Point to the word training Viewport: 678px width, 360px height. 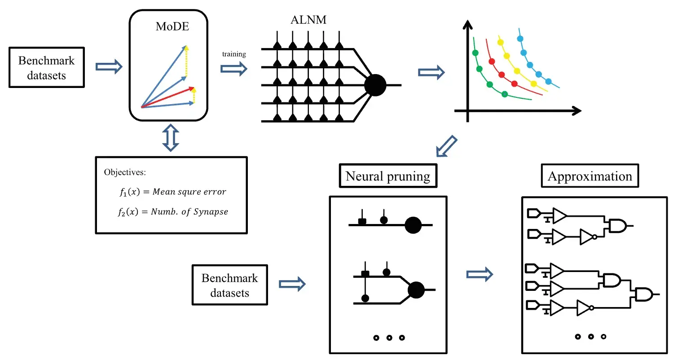click(x=234, y=54)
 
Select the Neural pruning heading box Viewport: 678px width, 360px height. click(x=388, y=176)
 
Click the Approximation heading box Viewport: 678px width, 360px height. click(x=590, y=176)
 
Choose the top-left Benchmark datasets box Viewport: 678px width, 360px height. click(x=46, y=67)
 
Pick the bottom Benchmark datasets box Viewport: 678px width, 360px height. click(x=229, y=285)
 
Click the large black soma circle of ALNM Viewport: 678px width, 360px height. click(x=375, y=85)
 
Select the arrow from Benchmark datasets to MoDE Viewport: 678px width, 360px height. click(x=109, y=67)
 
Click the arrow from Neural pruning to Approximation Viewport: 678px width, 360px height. click(x=480, y=274)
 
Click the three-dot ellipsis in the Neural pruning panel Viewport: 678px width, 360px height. click(x=389, y=338)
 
